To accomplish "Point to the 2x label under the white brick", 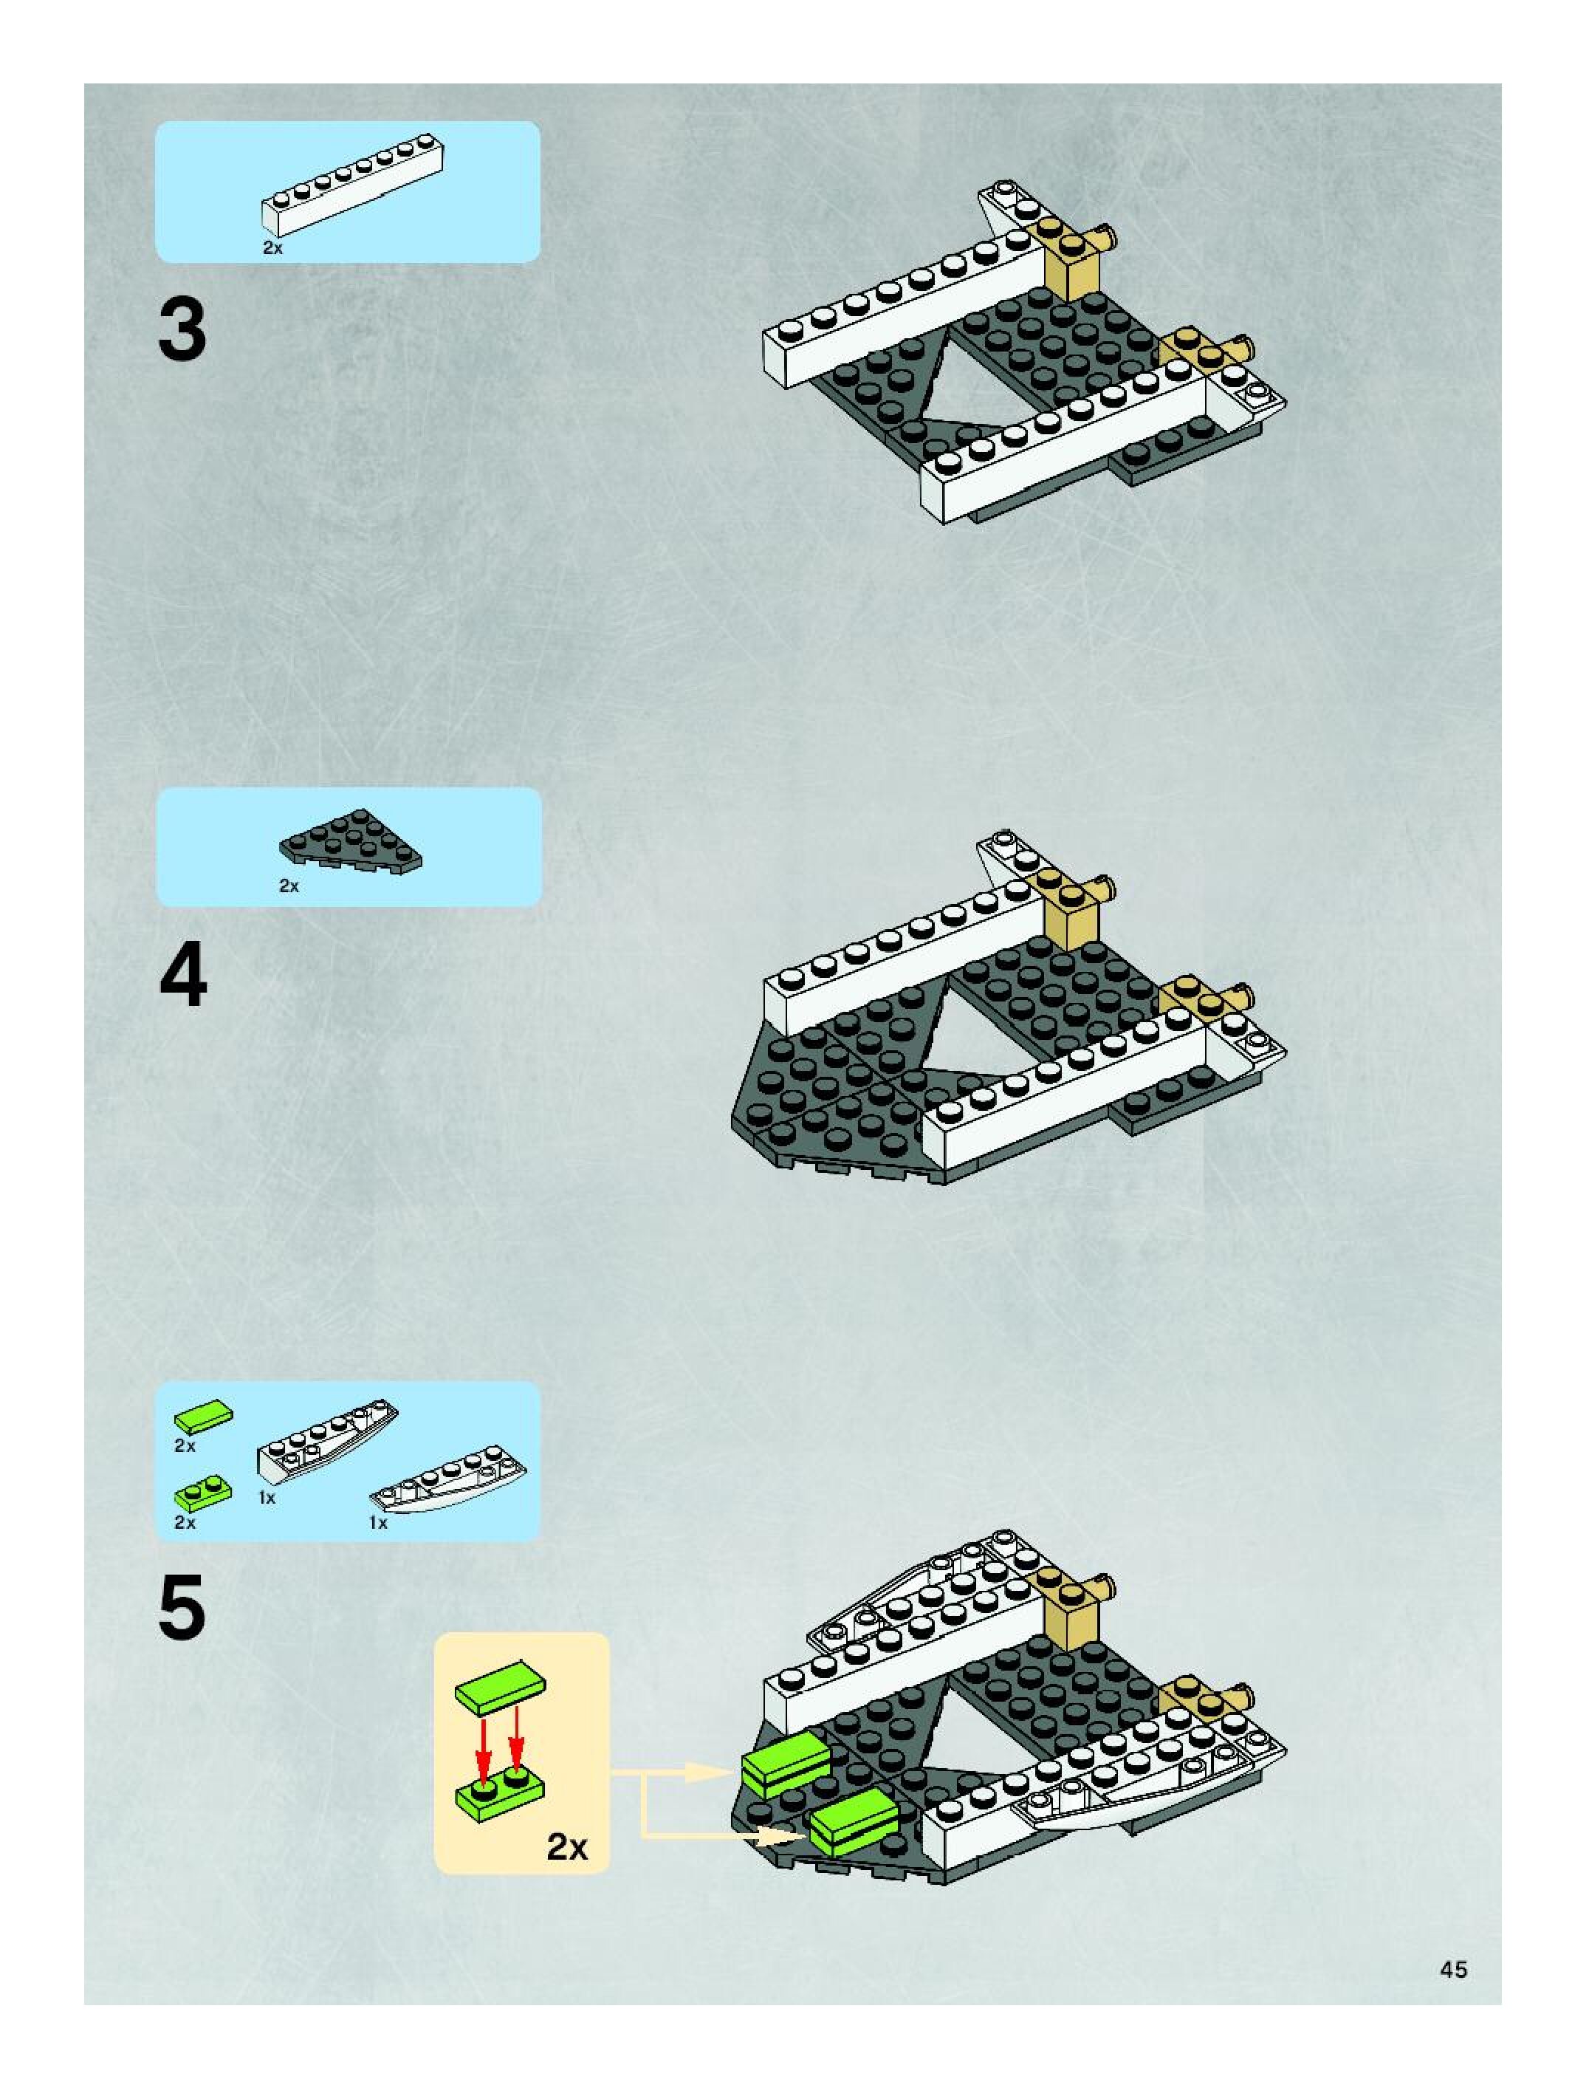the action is [273, 249].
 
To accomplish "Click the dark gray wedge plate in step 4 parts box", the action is [351, 842].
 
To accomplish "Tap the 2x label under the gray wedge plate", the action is [289, 886].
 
